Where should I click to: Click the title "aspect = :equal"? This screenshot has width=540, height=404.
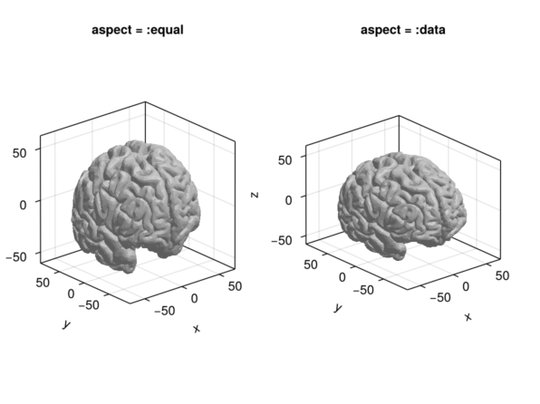[138, 30]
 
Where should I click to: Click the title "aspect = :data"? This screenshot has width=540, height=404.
[402, 30]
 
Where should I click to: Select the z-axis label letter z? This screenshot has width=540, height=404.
[255, 195]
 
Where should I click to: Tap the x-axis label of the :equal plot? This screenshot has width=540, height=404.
[197, 329]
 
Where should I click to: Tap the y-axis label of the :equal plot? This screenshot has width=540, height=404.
[66, 324]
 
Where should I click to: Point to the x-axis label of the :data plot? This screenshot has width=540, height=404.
[468, 316]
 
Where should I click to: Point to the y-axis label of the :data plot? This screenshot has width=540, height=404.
[338, 308]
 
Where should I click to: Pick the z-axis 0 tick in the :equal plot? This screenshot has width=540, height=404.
[23, 205]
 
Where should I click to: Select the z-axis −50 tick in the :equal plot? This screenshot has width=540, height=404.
[16, 256]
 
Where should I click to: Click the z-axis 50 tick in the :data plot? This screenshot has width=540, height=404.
[284, 160]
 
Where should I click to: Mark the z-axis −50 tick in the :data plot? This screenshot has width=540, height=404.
[282, 240]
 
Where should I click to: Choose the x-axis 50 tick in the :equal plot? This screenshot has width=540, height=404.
[235, 286]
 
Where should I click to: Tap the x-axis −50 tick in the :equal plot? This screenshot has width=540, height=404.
[165, 311]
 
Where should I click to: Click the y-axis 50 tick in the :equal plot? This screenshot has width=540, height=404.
[43, 283]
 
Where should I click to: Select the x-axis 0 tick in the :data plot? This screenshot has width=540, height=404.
[466, 286]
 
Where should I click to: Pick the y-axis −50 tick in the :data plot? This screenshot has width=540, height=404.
[363, 290]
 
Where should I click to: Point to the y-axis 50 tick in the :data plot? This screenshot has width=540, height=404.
[310, 265]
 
